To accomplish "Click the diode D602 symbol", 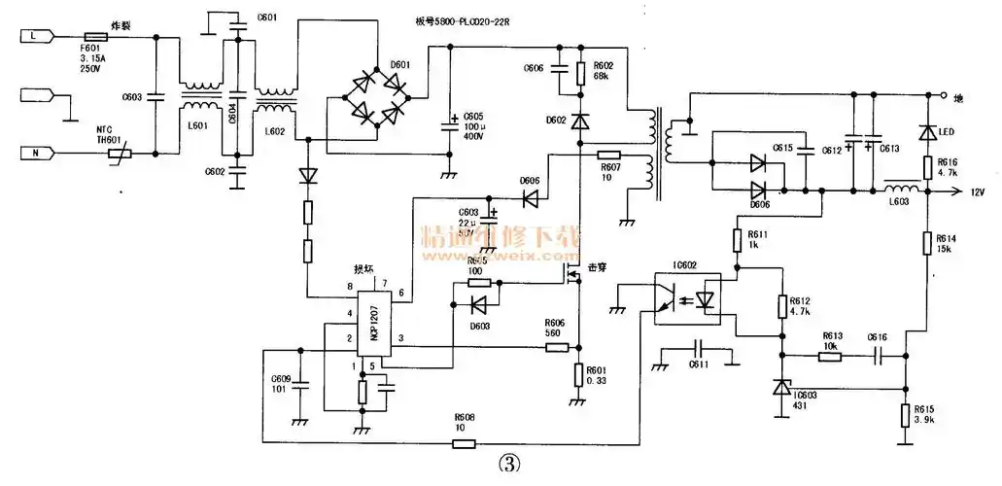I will click(579, 121).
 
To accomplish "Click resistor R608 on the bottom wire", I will click(464, 443).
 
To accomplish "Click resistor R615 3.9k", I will click(906, 415).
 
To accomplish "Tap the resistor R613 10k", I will click(828, 357).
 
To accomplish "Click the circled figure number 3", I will click(507, 464).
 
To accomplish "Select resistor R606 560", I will click(555, 347).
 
